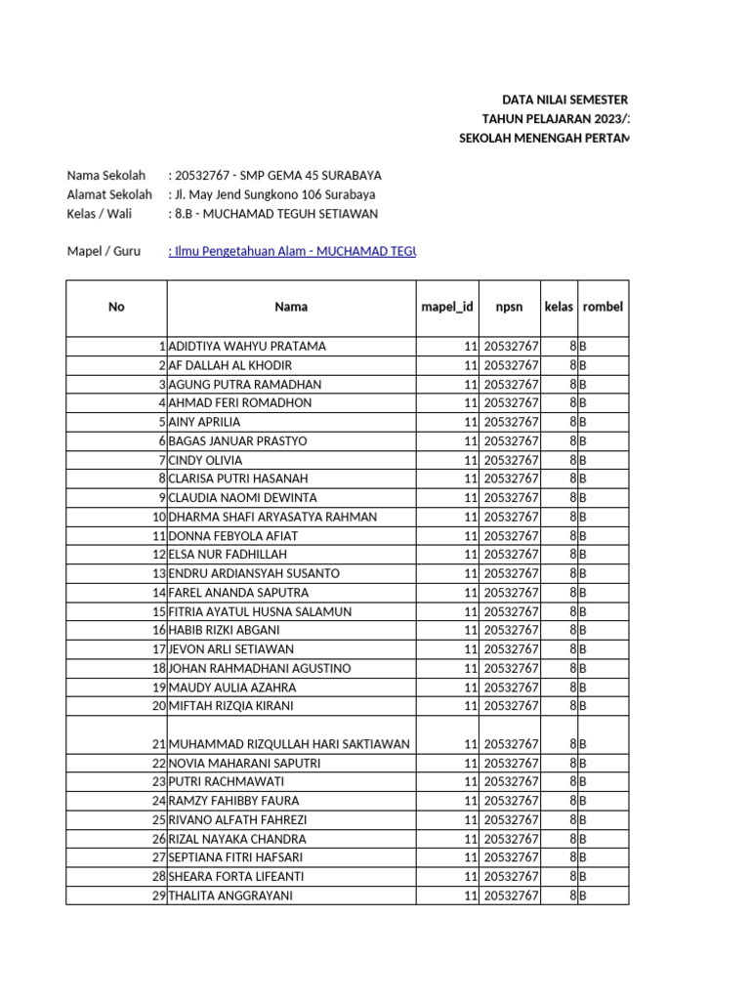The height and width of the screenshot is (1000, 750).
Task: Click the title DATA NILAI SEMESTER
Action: [564, 100]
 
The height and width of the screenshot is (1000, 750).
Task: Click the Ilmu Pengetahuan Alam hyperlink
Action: [292, 251]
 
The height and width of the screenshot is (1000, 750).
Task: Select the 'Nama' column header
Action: [291, 307]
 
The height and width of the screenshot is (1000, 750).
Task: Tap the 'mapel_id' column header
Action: [447, 307]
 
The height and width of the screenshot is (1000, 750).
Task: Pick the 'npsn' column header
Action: [509, 307]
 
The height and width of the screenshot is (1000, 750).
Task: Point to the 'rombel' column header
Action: [603, 307]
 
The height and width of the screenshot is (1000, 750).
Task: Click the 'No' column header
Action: [117, 307]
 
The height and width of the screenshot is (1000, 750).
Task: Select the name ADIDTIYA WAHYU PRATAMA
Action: [248, 347]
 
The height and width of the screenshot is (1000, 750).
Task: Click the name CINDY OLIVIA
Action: [206, 460]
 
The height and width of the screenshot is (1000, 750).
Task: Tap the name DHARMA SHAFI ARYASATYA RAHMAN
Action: [273, 517]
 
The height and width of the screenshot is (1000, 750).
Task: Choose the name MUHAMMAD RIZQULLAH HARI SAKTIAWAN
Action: [289, 744]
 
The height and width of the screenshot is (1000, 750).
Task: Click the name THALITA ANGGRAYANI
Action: [231, 896]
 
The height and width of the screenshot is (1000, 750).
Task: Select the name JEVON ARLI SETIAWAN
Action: [231, 649]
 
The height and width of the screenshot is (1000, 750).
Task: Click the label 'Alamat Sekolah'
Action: [109, 194]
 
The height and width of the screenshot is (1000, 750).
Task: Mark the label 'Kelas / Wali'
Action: [99, 214]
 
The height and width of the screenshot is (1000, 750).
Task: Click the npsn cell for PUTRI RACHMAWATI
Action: [511, 782]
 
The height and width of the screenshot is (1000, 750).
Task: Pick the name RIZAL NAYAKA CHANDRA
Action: [237, 839]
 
